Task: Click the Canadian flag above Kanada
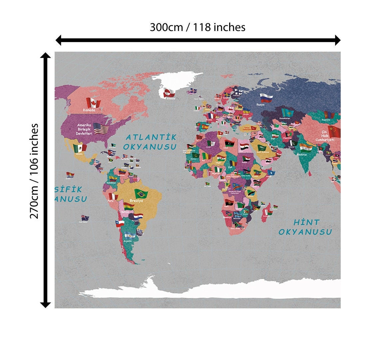(x=93, y=102)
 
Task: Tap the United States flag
(x=101, y=128)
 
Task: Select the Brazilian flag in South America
(x=141, y=194)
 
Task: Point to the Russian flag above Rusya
(x=266, y=98)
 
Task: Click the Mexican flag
(x=80, y=147)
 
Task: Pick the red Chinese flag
(x=334, y=131)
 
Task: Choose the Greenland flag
(x=169, y=93)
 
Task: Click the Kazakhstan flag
(x=287, y=113)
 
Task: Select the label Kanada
(x=89, y=110)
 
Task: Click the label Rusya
(x=260, y=105)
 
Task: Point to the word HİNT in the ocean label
(x=306, y=222)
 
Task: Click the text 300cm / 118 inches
(x=197, y=27)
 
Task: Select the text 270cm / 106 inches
(x=34, y=171)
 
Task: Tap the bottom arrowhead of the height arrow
(x=45, y=304)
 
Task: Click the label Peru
(x=110, y=201)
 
